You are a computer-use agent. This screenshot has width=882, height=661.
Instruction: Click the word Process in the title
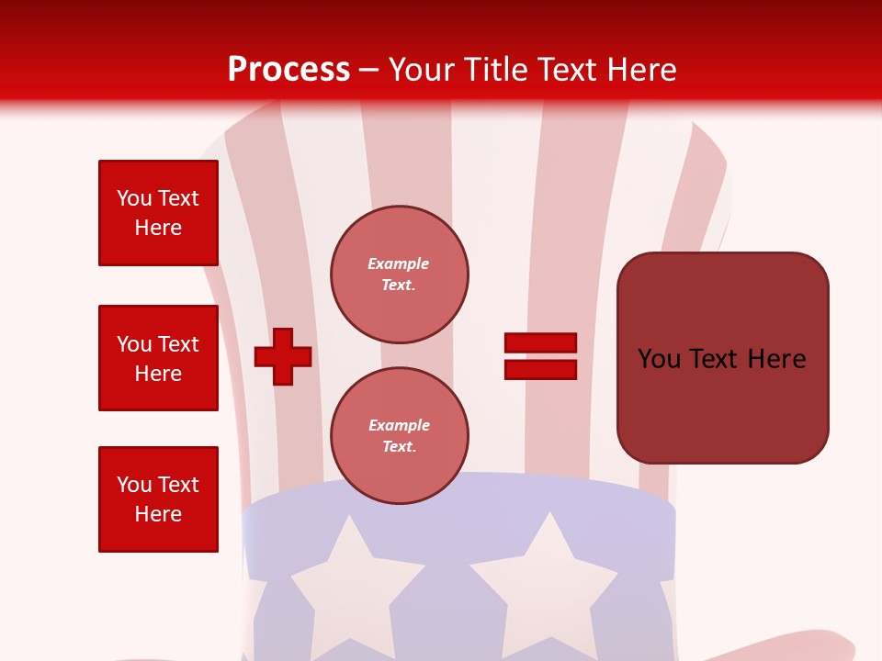point(288,70)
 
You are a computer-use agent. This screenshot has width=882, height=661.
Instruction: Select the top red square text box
point(158,213)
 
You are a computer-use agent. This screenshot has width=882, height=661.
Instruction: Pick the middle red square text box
point(158,358)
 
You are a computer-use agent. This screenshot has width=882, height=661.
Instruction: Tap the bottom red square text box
point(158,499)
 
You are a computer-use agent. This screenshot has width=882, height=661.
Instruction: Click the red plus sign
point(283,356)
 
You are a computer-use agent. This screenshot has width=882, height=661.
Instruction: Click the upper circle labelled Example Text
point(400,274)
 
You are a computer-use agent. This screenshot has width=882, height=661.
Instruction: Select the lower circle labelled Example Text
point(400,435)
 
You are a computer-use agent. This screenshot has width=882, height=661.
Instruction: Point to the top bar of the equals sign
point(540,342)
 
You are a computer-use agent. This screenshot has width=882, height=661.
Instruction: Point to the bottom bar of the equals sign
point(540,369)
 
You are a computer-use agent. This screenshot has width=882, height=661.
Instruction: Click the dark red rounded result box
point(722,358)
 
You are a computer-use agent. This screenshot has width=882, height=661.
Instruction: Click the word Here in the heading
point(640,70)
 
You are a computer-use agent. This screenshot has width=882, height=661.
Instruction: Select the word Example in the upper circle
point(398,263)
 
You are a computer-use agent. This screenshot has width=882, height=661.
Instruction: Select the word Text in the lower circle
point(398,446)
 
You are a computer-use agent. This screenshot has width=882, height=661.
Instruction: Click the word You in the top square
point(134,198)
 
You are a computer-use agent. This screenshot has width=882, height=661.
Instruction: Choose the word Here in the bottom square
point(158,514)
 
